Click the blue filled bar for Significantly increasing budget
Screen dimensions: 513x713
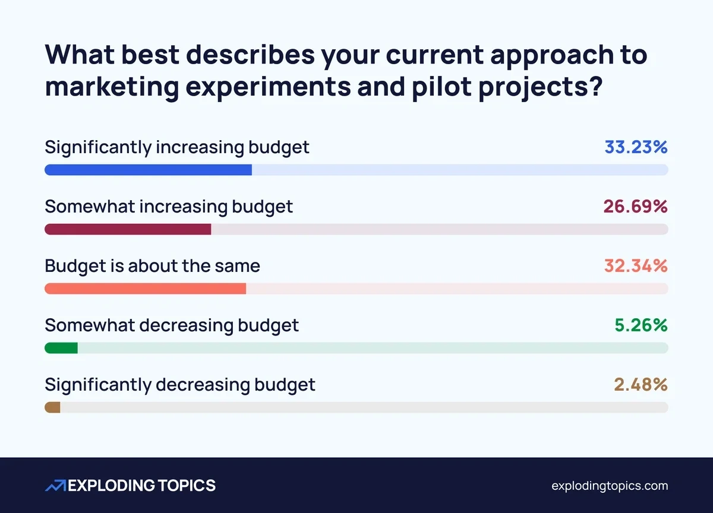coord(148,170)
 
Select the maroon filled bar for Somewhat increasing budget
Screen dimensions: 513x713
coord(128,229)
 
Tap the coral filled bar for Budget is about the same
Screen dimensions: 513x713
coord(145,289)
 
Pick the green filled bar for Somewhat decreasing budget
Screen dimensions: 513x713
coord(61,348)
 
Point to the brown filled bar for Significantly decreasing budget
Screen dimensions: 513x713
coord(52,407)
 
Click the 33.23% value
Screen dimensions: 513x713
coord(636,147)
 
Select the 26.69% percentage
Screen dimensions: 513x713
coord(635,207)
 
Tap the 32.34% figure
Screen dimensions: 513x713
coord(636,266)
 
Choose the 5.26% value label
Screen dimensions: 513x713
coord(641,325)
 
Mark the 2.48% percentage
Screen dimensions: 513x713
coord(641,385)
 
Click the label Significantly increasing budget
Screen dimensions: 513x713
coord(177,147)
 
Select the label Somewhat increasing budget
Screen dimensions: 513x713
coord(169,207)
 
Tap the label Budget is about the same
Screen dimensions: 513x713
coord(152,266)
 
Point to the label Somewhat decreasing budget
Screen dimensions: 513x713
coord(172,325)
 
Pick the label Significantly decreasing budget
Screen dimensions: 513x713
coord(180,385)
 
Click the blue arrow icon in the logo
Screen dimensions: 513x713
coord(56,486)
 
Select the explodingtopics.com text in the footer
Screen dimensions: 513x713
coord(610,486)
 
